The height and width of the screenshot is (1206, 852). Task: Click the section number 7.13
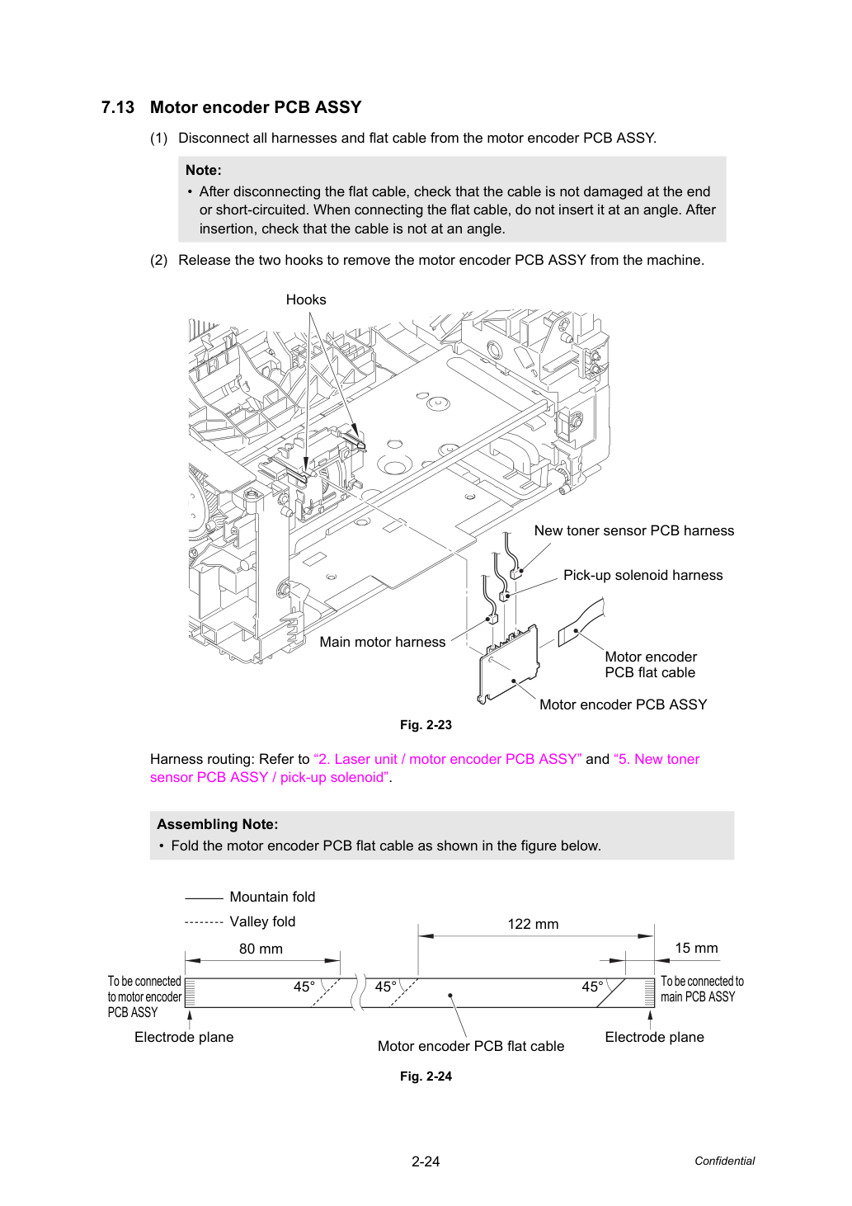[x=118, y=107]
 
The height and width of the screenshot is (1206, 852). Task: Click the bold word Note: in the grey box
[x=204, y=170]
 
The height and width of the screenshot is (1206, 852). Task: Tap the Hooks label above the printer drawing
[x=306, y=299]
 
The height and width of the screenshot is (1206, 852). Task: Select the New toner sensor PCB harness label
[x=634, y=530]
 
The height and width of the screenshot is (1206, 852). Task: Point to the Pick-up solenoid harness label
[x=643, y=575]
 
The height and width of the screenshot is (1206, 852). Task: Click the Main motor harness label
[x=382, y=642]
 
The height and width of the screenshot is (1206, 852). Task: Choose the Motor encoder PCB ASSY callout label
[x=623, y=704]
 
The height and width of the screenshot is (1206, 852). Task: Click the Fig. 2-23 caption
[x=426, y=725]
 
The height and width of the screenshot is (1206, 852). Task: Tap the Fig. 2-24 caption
[x=426, y=1076]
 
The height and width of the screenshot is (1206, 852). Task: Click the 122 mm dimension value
[x=533, y=924]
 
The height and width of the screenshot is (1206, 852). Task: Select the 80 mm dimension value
[x=261, y=949]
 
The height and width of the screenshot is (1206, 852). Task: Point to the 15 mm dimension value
[x=696, y=948]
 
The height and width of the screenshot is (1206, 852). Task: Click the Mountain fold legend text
[x=272, y=897]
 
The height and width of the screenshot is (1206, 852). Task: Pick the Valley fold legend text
[x=262, y=921]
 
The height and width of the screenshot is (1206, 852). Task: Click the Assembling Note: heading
[x=218, y=824]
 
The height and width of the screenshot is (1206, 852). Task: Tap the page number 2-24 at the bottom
[x=426, y=1161]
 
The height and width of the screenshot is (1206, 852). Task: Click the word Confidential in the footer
[x=724, y=1161]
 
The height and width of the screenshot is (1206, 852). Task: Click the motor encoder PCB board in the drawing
[x=509, y=665]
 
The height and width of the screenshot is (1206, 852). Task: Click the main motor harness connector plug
[x=492, y=619]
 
